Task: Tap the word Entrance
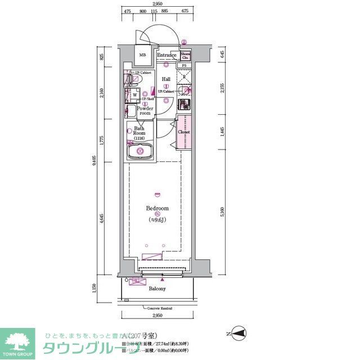pos(166,55)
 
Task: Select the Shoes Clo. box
pos(185,55)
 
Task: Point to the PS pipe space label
pos(184,66)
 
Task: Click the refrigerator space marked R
pos(184,77)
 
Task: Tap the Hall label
pos(166,79)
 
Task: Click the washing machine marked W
pos(134,95)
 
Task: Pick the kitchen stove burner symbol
pos(184,105)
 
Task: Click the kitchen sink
pos(184,91)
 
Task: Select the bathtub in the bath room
pos(138,151)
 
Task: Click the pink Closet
pos(184,132)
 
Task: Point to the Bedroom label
pos(157,208)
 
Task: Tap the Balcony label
pos(157,289)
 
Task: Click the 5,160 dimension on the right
pos(223,211)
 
